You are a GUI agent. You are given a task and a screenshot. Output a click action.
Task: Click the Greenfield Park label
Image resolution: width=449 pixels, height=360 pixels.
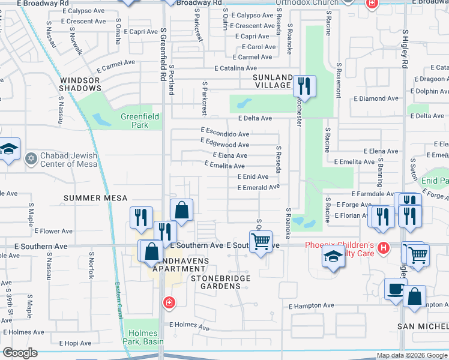click(134, 121)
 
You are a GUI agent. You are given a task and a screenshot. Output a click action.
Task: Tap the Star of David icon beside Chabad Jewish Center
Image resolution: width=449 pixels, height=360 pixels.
click(31, 159)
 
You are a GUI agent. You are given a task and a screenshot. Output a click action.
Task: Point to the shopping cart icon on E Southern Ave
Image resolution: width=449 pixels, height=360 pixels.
click(261, 242)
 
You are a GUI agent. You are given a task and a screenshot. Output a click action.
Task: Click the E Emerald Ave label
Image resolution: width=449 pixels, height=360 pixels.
click(258, 188)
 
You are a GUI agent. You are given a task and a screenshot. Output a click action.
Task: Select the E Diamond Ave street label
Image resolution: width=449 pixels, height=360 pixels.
click(376, 98)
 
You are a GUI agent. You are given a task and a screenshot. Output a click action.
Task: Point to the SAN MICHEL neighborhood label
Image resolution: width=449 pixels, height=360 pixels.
click(423, 326)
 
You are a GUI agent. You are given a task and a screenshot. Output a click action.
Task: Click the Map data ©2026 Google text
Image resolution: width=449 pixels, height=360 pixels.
click(412, 355)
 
